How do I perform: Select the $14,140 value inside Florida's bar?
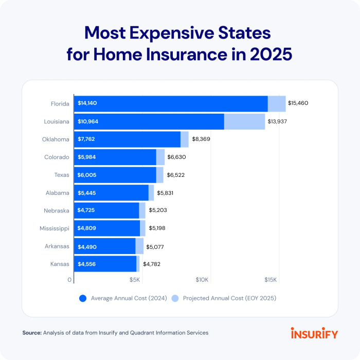coord(87,103)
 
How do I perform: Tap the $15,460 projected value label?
coord(298,103)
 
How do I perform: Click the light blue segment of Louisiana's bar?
coord(244,121)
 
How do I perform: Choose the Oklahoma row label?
coord(56,139)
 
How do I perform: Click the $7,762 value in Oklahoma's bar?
coord(86,139)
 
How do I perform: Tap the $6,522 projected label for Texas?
coord(176,175)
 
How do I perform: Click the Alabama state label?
coord(57,193)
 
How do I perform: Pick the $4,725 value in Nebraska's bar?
coord(86,210)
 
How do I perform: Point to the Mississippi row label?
coord(55,228)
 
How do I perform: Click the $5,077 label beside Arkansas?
coord(157,246)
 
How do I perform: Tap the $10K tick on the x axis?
coord(202,280)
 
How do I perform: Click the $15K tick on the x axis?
coord(271,280)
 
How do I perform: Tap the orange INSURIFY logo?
coord(314,333)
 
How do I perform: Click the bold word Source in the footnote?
coord(31,333)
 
